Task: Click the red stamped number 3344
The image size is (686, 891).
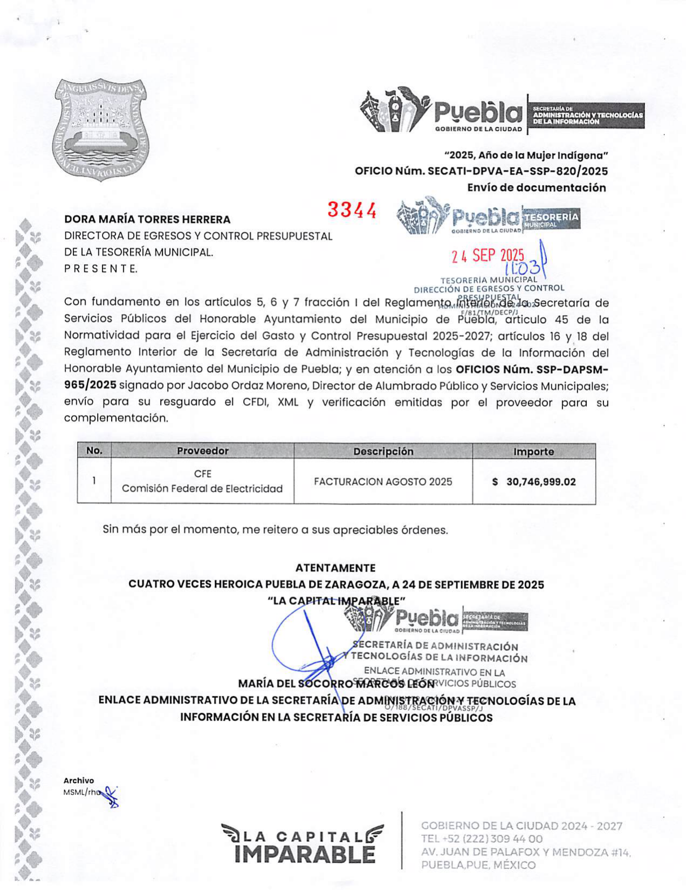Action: point(352,210)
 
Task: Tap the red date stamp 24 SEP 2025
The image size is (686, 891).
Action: point(488,255)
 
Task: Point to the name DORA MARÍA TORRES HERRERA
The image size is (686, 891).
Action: point(147,219)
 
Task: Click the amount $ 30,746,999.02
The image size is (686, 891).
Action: point(534,481)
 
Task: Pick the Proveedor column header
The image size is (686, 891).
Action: point(202,451)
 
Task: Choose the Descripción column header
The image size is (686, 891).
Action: point(383,451)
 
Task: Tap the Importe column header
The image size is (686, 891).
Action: point(533,452)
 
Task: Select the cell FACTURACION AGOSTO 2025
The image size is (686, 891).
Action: point(383,481)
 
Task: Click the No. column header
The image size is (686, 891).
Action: point(94,451)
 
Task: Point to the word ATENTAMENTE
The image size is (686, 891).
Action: point(335,568)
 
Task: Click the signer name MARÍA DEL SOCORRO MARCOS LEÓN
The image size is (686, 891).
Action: point(336,684)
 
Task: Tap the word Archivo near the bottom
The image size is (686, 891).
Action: point(79,780)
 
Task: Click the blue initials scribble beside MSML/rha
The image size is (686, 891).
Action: point(111,797)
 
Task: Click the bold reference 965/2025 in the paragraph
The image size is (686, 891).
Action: point(90,385)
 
